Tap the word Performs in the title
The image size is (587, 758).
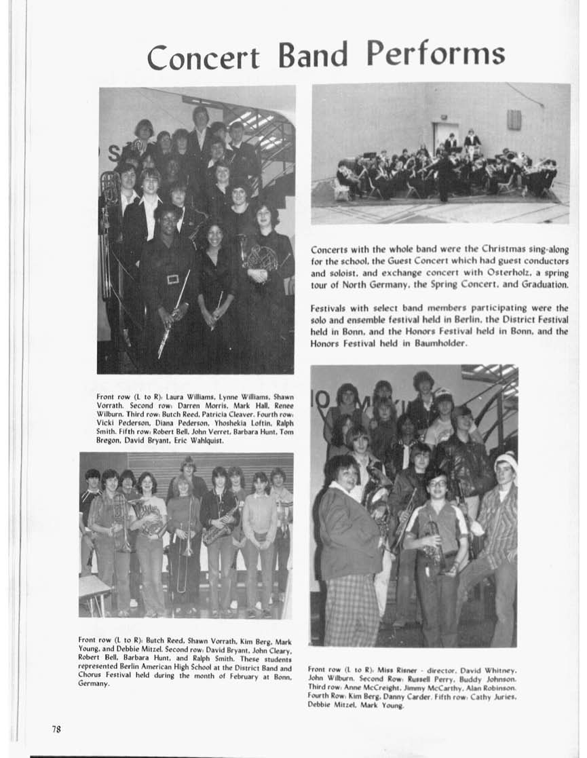tap(436, 53)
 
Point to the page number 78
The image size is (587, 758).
tap(57, 729)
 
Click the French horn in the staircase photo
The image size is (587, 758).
tap(261, 259)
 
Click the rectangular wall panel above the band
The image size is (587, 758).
tap(514, 119)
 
